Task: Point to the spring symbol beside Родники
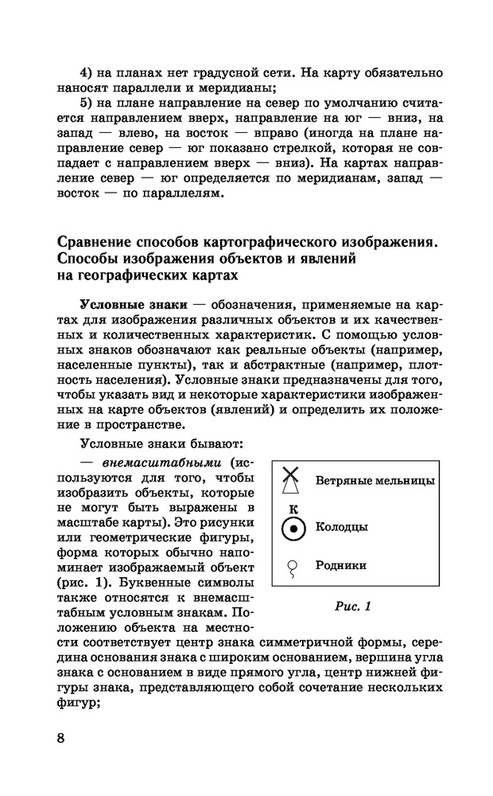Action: coord(293,567)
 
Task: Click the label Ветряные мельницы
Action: coord(375,482)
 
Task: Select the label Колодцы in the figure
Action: coord(341,527)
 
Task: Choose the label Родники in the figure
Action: coord(340,566)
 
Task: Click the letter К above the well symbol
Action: coord(293,507)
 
